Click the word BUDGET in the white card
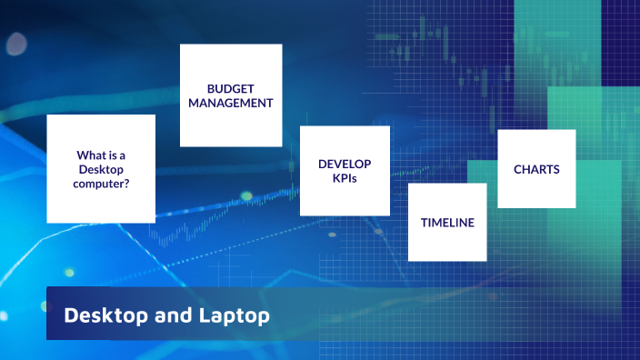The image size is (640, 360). coord(230,89)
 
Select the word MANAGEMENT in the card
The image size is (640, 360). coord(230,104)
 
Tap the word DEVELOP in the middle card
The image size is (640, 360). coord(345,165)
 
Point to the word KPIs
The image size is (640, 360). coord(345,179)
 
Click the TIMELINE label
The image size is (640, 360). coord(447,222)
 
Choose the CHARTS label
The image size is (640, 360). coord(536,169)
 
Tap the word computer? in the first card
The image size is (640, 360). coord(101,184)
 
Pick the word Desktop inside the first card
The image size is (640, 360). coord(101,169)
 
